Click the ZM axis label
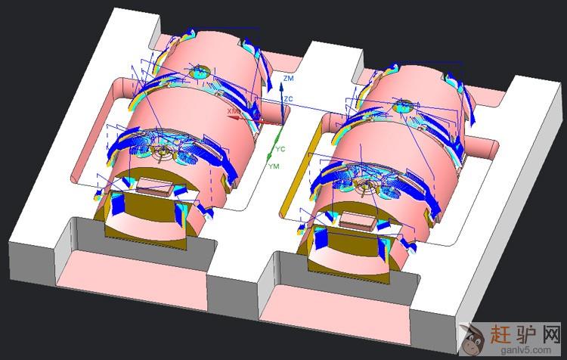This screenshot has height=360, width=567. click(x=289, y=78)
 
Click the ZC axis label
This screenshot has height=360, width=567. click(x=288, y=99)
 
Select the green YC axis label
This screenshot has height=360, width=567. click(x=280, y=149)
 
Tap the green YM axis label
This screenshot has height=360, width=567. click(x=274, y=166)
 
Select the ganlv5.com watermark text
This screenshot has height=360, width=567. click(x=525, y=350)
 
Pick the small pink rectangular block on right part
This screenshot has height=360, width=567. click(x=358, y=221)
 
